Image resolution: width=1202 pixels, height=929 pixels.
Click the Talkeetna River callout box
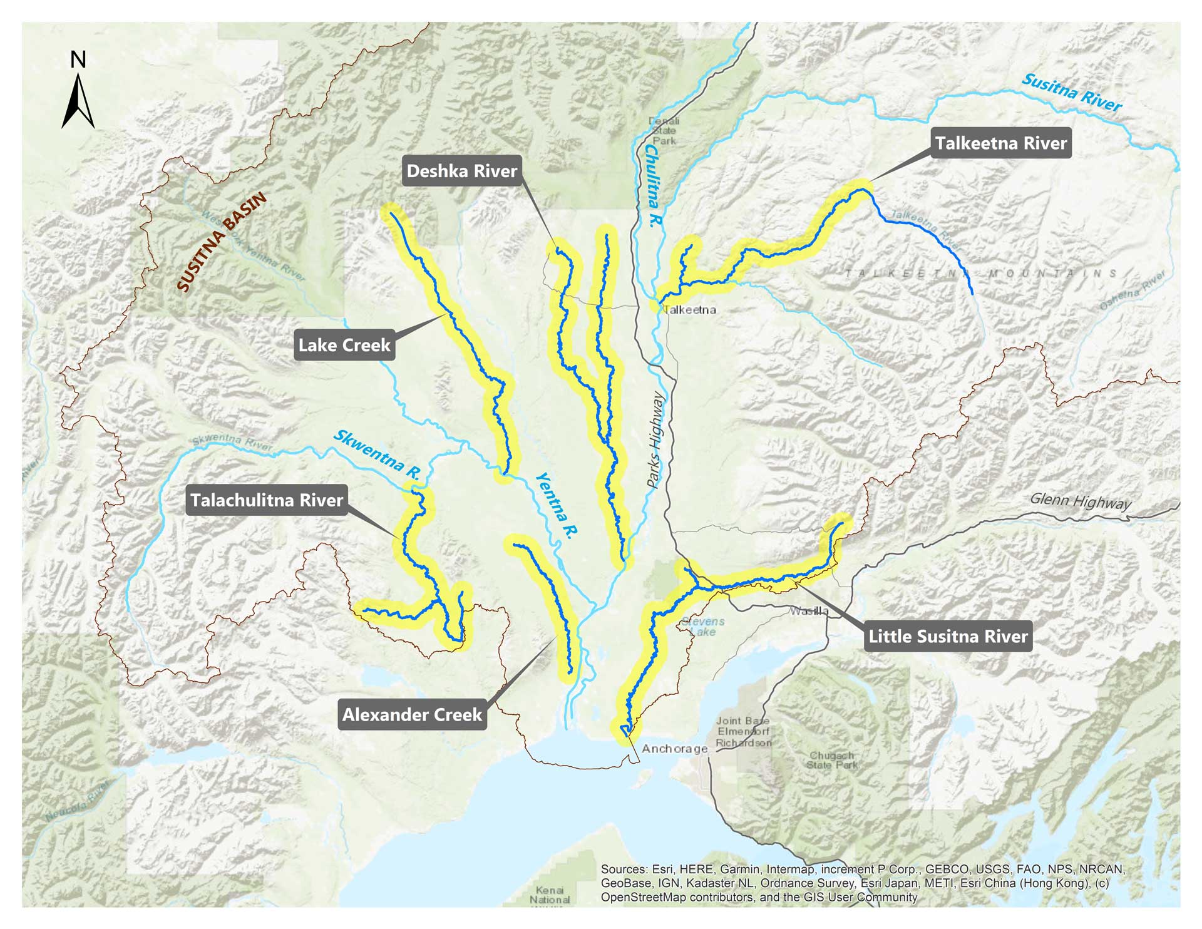1000,143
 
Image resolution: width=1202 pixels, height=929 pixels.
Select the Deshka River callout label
461,171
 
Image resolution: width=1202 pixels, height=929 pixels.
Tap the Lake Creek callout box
344,345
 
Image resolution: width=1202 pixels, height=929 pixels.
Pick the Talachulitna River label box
267,500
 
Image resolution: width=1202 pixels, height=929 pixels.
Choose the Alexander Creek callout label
412,714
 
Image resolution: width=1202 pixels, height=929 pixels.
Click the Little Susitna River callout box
948,637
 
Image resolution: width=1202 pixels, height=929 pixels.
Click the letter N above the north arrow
78,60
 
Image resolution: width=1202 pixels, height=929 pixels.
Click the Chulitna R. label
652,186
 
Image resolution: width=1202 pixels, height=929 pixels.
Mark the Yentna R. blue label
557,505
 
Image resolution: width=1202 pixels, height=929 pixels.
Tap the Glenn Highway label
1081,501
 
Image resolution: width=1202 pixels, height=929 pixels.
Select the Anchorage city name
674,749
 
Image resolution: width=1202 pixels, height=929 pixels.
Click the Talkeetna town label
689,310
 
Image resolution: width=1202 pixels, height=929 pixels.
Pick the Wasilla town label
809,611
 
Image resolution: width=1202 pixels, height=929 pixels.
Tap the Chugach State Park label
831,760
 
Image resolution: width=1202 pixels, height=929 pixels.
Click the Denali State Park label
664,131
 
